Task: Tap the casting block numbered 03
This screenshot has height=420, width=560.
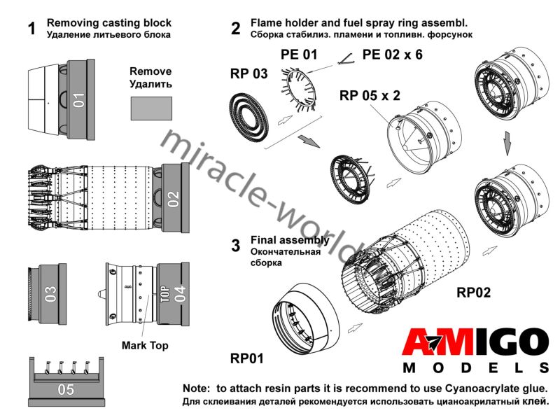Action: [51, 294]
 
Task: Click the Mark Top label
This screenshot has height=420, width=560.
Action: [145, 345]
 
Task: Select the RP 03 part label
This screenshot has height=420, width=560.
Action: [248, 73]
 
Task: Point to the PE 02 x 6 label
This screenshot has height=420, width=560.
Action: [392, 53]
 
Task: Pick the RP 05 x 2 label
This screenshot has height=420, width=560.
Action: [369, 95]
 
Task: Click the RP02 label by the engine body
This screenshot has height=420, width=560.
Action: [474, 291]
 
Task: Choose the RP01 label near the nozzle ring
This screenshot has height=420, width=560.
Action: [247, 358]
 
